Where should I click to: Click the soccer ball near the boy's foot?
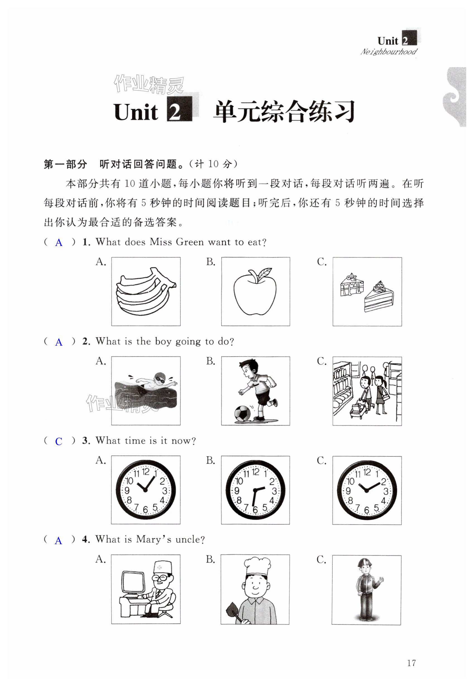(243, 413)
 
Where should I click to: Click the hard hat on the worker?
(365, 562)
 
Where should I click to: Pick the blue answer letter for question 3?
(59, 442)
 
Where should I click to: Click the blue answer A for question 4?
(59, 541)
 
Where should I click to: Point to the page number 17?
(411, 663)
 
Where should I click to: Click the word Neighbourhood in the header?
(389, 52)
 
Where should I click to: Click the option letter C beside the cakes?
(322, 262)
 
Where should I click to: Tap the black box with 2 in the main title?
(179, 109)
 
